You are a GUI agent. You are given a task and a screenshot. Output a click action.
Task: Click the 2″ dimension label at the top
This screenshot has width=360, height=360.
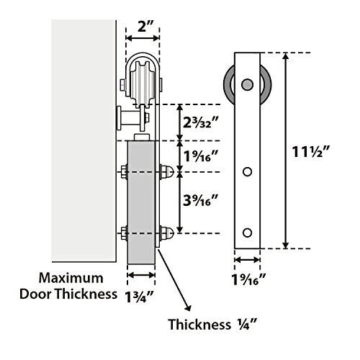click(x=142, y=27)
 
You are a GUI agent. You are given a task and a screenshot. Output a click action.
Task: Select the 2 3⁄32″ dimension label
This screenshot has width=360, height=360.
click(x=200, y=122)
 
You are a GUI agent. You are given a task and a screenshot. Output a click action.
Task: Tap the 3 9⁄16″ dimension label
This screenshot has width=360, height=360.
click(x=200, y=200)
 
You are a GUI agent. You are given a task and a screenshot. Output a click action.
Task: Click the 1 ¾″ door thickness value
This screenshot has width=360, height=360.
click(x=139, y=297)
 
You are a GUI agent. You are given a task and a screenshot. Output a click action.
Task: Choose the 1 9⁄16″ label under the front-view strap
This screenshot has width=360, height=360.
click(x=248, y=279)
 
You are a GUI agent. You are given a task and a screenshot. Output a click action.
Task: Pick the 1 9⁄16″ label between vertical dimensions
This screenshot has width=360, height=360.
click(x=200, y=156)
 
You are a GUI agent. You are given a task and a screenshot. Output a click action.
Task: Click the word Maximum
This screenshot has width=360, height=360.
click(x=71, y=278)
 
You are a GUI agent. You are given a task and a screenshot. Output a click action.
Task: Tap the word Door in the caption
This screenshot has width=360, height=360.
click(x=36, y=294)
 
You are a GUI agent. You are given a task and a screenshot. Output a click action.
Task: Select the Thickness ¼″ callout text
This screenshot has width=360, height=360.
click(x=212, y=325)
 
